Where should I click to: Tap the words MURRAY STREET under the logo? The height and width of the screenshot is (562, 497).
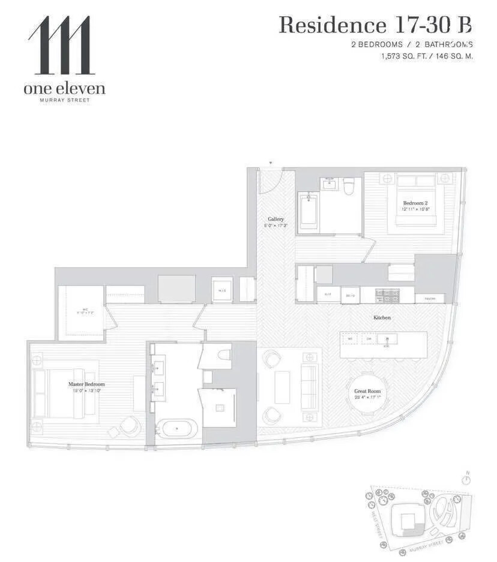[64, 100]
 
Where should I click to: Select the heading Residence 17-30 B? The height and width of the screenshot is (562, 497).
[375, 25]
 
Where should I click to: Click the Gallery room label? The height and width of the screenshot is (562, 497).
[276, 220]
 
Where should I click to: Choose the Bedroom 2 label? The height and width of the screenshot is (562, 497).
[415, 203]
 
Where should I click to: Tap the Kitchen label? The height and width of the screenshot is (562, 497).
[382, 317]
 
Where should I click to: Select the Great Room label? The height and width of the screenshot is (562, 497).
[367, 391]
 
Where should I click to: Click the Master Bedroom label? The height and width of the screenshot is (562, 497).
[86, 384]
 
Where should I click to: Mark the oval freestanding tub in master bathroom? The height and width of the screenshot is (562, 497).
[177, 429]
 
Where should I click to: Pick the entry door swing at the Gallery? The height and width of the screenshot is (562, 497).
[270, 181]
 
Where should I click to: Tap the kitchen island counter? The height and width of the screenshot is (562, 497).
[384, 345]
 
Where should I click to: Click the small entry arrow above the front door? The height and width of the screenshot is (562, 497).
[271, 163]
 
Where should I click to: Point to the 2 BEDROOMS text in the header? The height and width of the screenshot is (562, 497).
[377, 44]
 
